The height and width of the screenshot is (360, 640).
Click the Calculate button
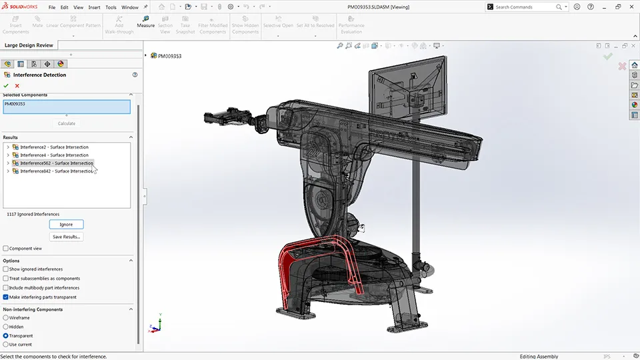click(67, 123)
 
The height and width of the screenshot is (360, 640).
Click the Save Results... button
click(67, 237)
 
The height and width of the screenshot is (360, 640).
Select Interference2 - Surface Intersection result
click(54, 147)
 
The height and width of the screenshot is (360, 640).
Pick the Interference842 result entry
click(56, 171)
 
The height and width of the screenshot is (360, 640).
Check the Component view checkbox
click(6, 249)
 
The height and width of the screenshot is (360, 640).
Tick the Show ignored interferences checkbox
click(6, 269)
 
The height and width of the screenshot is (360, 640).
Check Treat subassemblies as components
click(6, 279)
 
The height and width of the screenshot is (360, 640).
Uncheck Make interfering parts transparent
click(6, 297)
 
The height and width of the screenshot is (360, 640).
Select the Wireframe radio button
click(6, 318)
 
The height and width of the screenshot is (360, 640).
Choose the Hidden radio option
click(6, 327)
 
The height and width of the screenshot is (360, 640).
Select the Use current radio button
click(6, 345)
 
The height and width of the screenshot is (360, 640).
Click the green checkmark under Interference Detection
click(6, 86)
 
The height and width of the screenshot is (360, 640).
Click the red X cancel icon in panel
click(17, 86)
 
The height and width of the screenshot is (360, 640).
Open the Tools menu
click(111, 7)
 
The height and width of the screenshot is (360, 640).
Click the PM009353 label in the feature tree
click(169, 56)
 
